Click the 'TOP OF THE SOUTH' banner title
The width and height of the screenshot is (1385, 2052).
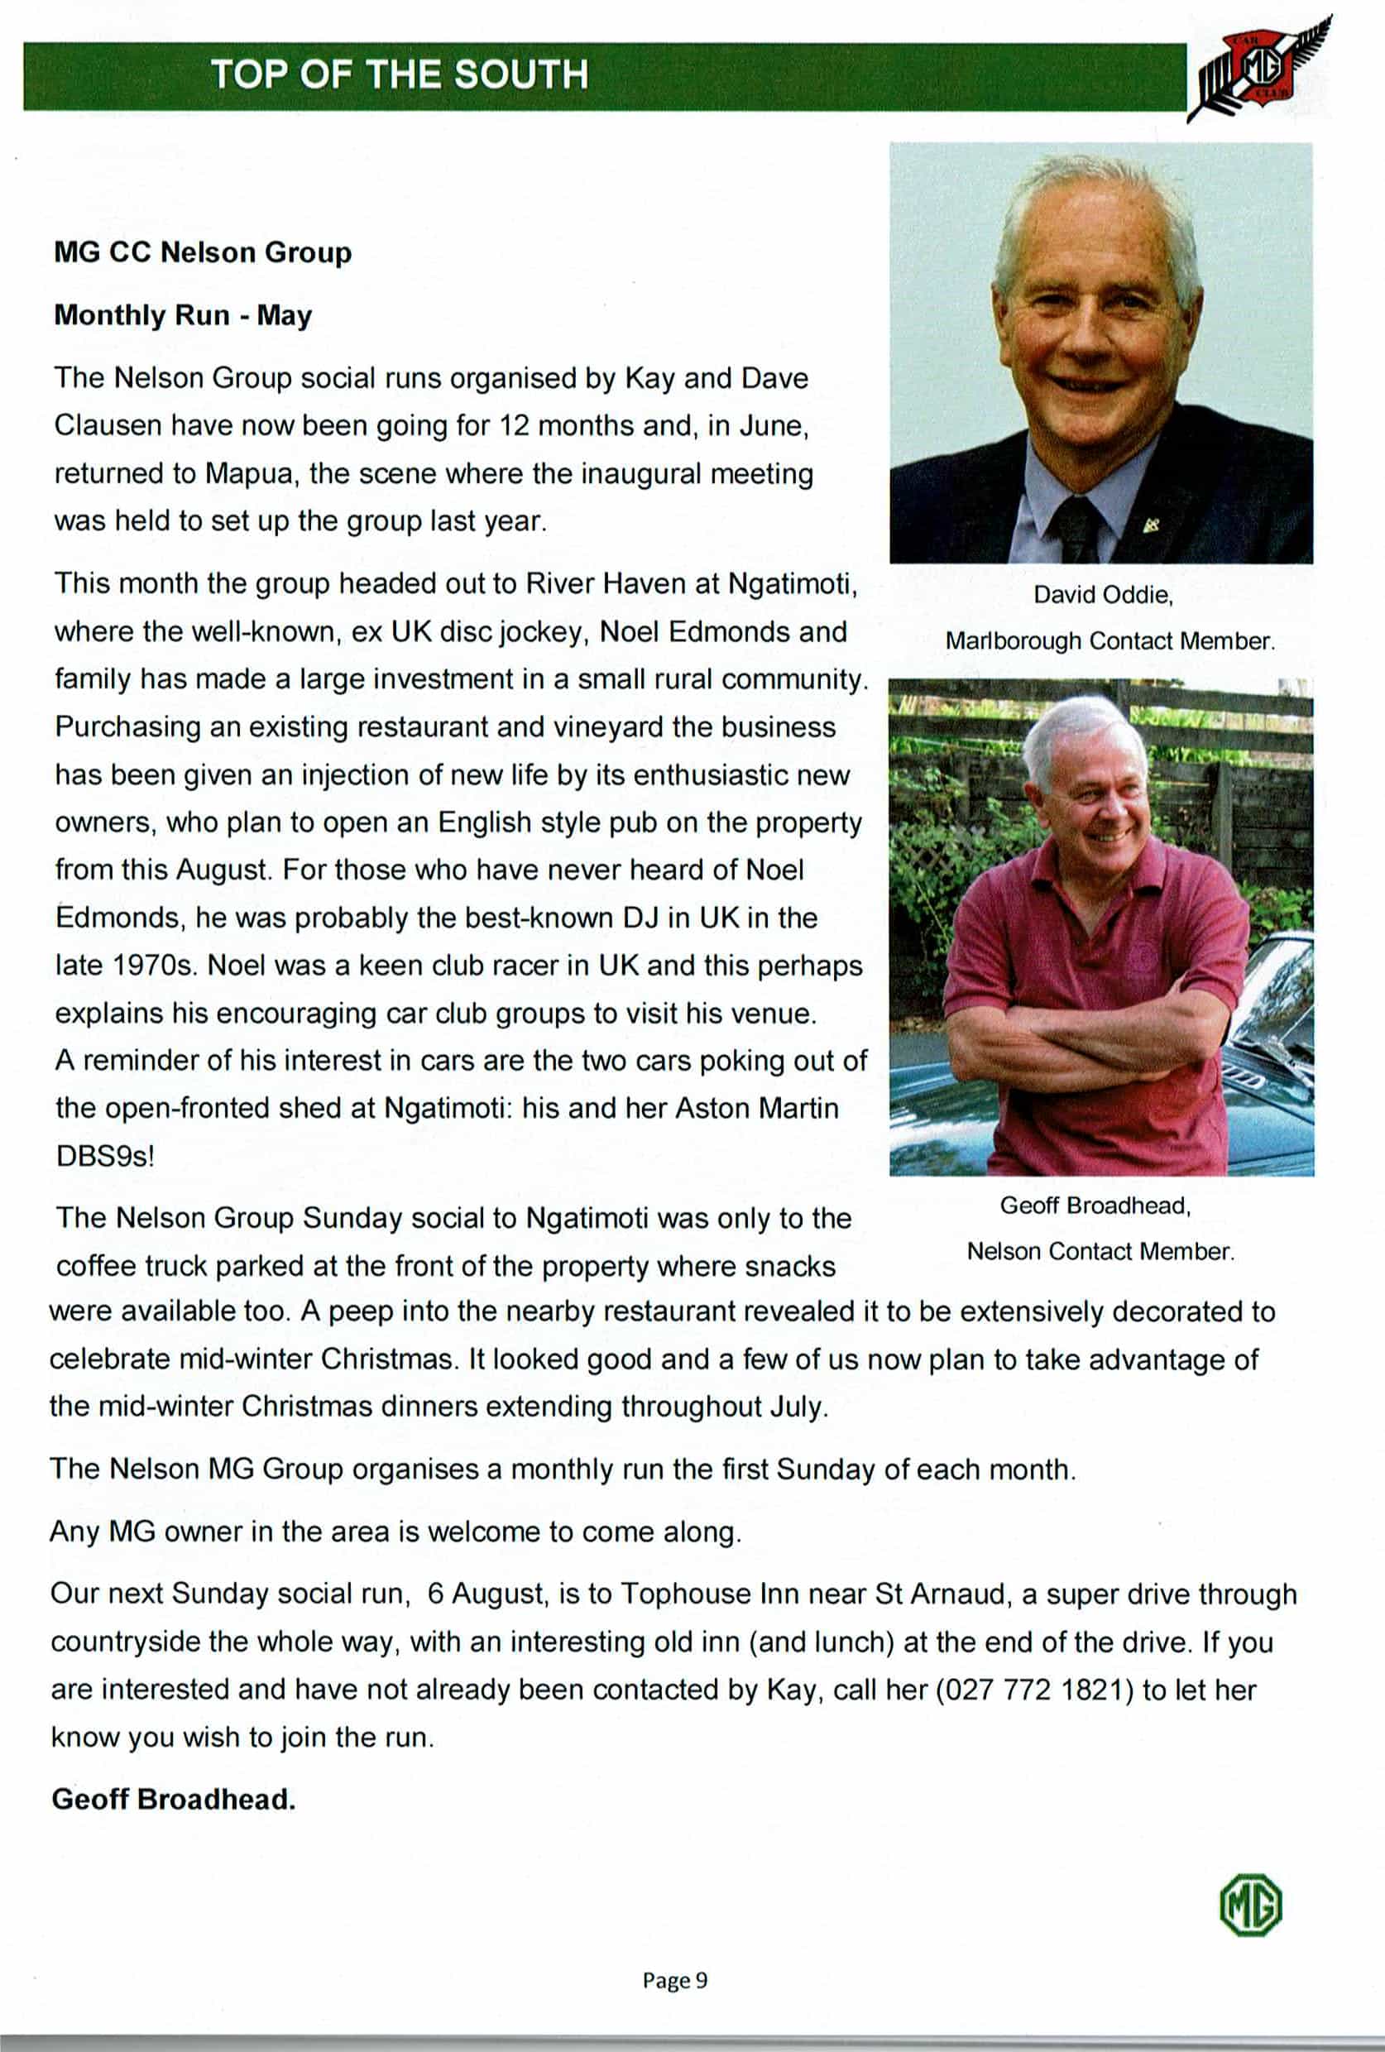coord(399,75)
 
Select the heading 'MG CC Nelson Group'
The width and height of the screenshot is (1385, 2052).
coord(202,253)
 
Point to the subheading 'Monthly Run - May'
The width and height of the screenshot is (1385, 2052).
coord(183,316)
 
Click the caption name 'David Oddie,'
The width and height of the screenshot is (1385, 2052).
coord(1103,595)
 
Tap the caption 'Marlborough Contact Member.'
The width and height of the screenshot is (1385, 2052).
coord(1109,641)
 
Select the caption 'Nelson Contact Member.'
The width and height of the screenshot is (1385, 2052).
coord(1100,1251)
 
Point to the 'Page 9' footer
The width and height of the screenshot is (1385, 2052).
coord(674,1981)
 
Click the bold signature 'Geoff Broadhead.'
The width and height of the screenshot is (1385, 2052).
coord(173,1800)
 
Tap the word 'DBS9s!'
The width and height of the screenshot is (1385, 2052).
coord(104,1156)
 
